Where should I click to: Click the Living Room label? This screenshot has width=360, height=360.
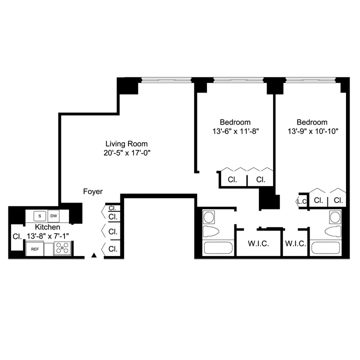coord(124,143)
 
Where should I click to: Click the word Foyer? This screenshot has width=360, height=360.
coord(93,191)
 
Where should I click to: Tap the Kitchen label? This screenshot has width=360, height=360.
coord(48,226)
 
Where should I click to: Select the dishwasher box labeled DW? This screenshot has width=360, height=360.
coord(53,216)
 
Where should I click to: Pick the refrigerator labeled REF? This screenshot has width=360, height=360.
coord(35,248)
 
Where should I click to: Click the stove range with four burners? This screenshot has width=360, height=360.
coord(62,248)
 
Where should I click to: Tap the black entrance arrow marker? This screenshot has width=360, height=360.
coord(94,255)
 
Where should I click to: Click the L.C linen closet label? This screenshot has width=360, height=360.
coord(301,201)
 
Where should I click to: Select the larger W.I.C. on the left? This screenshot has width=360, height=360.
coord(258,243)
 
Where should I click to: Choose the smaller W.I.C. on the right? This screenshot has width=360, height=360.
coord(295,243)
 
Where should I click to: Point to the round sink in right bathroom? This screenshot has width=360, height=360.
coord(334,217)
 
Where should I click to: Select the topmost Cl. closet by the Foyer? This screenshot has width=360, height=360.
coord(112,208)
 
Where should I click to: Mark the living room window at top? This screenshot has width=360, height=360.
coord(166,79)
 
